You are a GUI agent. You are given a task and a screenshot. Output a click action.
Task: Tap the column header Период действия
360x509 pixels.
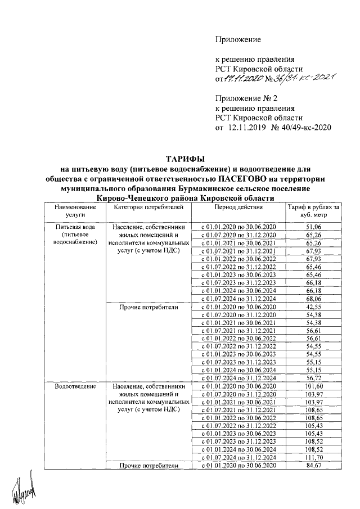point(238,208)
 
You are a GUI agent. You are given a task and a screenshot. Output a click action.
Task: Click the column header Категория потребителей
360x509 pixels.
point(148,208)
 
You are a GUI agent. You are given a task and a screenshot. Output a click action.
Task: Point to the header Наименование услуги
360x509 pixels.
point(75,211)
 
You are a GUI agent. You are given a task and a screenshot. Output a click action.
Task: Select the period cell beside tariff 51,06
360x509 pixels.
point(238,226)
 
